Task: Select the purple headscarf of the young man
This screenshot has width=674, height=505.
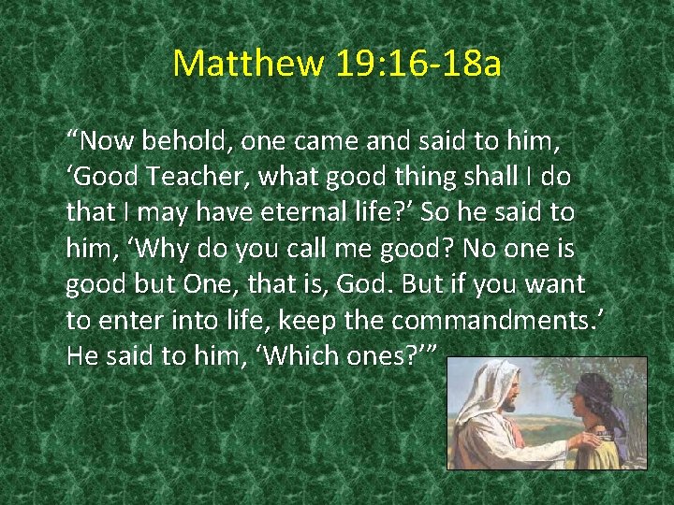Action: (x=600, y=393)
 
